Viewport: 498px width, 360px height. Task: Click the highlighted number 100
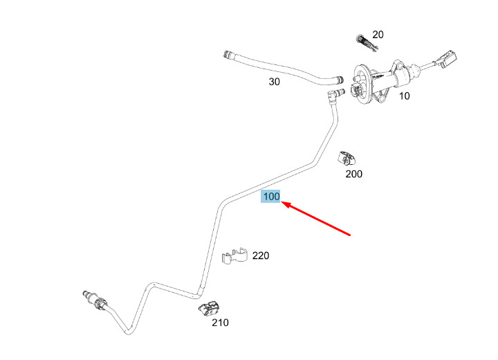coord(270,197)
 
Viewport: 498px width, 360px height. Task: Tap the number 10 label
coord(404,96)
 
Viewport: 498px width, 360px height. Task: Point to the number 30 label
coord(275,82)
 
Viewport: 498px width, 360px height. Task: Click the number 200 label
coord(353,174)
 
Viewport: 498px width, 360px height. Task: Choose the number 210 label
coord(219,322)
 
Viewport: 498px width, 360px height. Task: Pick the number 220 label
coord(260,255)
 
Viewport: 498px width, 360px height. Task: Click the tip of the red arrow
coord(282,202)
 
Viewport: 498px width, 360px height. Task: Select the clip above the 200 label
coord(347,159)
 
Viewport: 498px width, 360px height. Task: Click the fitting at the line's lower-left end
coord(93,299)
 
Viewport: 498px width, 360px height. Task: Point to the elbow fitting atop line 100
coord(335,95)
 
